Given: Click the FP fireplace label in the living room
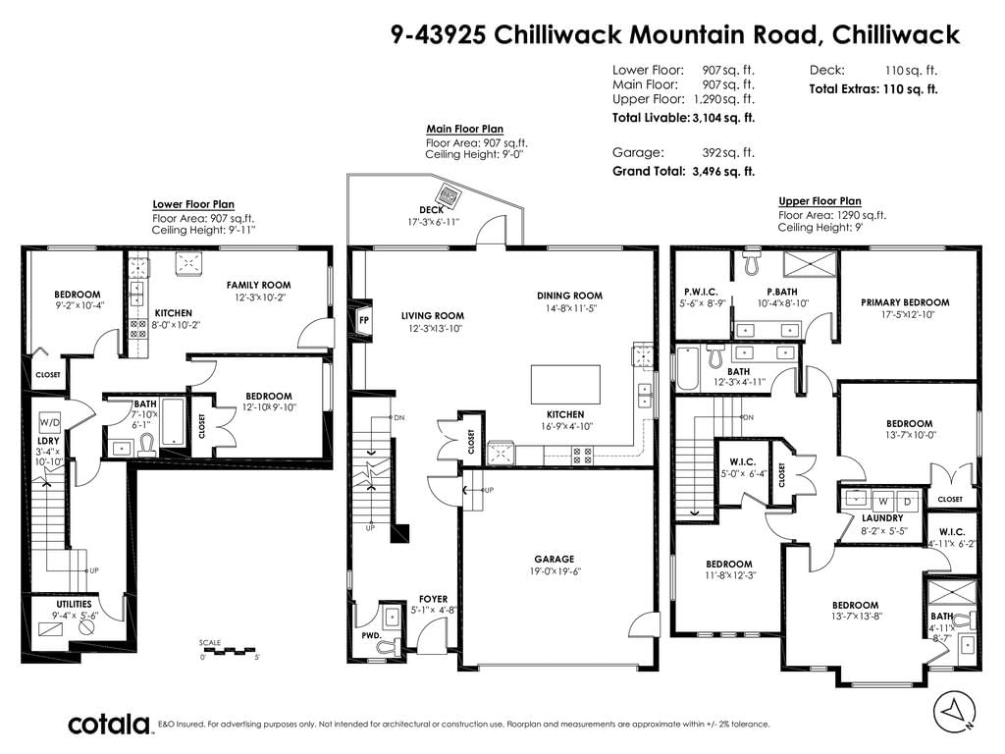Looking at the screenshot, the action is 363,320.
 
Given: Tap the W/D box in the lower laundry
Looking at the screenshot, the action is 49,422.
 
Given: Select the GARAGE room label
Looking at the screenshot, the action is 555,559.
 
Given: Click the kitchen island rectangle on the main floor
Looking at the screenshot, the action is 565,384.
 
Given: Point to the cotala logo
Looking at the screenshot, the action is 109,725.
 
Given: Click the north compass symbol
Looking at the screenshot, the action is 954,712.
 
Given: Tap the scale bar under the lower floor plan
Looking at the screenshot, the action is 228,651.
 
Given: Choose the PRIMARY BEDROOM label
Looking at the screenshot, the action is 905,302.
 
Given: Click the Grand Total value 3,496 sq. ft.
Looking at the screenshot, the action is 723,171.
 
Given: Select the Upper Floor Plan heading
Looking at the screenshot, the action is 820,200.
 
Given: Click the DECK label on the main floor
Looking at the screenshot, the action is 432,210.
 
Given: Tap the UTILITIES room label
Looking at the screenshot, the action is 74,604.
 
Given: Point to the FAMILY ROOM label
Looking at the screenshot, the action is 258,285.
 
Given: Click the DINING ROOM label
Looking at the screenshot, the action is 570,296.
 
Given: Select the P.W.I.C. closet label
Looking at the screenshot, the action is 701,292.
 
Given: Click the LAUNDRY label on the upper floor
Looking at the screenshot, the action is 882,518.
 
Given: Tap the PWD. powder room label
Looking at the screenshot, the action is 371,635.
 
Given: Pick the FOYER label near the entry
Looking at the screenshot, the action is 433,599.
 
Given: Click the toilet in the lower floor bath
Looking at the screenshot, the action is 147,446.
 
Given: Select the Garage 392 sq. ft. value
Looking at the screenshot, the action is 728,152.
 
